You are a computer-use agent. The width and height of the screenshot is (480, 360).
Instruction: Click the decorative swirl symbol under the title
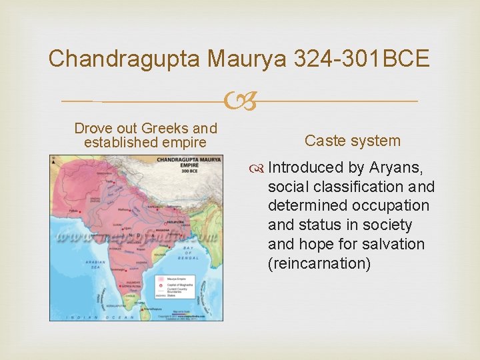coord(240,101)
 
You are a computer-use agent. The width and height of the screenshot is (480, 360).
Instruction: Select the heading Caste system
coord(353,141)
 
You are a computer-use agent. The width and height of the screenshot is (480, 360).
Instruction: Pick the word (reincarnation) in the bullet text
coord(319,263)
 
